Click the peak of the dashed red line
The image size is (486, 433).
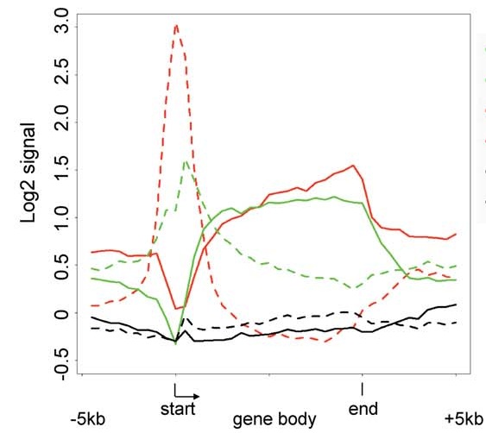(176, 25)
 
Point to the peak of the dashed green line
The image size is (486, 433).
(186, 160)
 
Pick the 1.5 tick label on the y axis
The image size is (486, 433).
(61, 167)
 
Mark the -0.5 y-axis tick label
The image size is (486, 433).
(61, 364)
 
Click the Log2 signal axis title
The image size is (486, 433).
(28, 173)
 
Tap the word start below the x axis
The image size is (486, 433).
(178, 409)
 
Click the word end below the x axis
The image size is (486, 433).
(363, 409)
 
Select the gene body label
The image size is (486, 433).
(275, 420)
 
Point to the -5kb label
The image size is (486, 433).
(88, 419)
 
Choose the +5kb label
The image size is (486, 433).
(464, 419)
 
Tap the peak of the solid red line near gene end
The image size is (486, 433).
(353, 166)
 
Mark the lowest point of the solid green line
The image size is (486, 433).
(176, 344)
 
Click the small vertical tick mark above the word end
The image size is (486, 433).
(362, 389)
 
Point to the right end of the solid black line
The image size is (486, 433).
(456, 304)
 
